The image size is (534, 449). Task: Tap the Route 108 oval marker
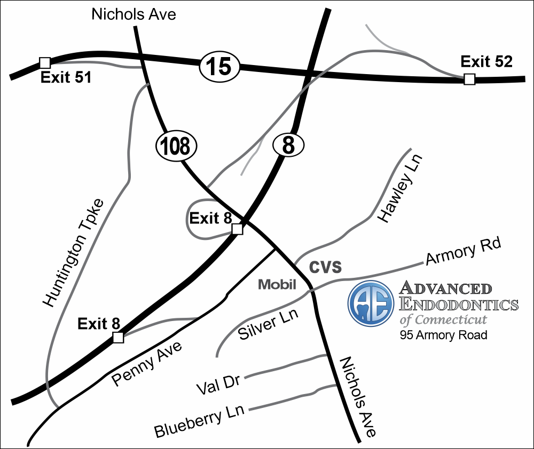point(176,145)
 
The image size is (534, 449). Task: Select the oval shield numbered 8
point(288,145)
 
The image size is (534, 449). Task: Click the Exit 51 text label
point(66,78)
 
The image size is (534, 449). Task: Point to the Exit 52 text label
point(486,62)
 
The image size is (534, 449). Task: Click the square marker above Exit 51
point(45,62)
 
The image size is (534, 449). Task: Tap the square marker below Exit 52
point(469,79)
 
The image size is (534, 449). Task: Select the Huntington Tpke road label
point(74,254)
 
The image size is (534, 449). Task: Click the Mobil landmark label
point(277,284)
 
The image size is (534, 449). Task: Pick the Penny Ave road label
point(147,363)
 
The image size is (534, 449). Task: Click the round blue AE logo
point(371,303)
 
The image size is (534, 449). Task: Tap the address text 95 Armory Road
point(443,335)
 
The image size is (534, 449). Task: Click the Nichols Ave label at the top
point(133,14)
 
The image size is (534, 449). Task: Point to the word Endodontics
point(459,304)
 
